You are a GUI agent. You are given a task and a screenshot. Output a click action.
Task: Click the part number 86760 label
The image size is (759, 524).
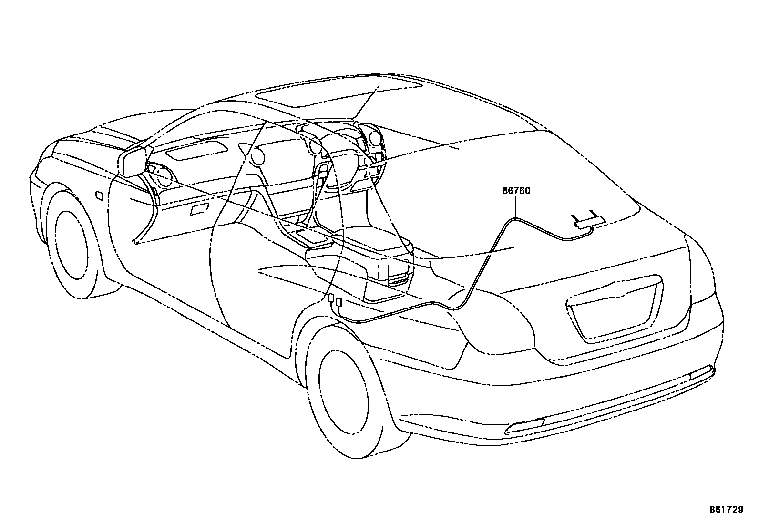(516, 191)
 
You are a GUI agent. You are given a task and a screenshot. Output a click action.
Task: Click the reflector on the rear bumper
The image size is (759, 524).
(524, 426)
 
